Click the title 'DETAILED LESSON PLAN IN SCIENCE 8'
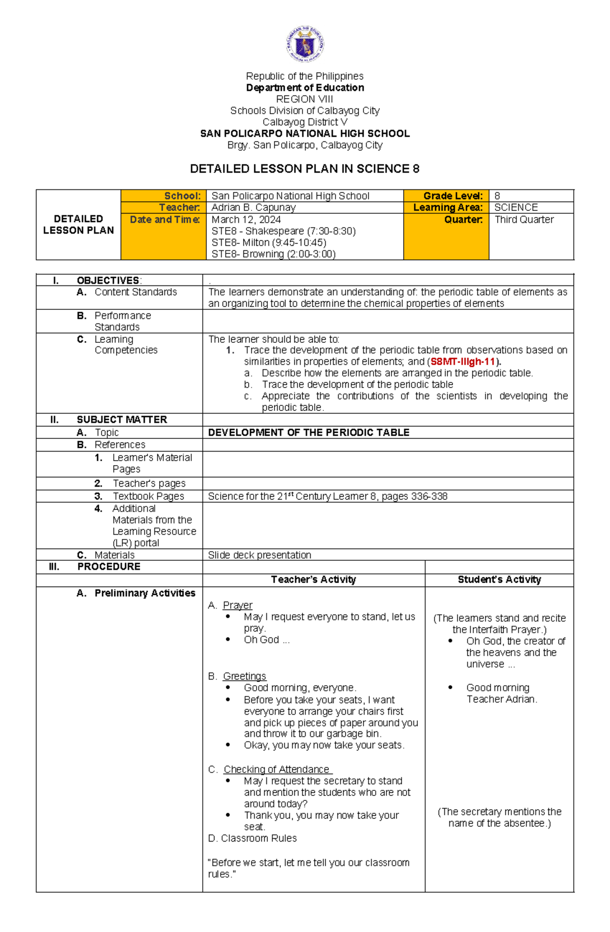(x=304, y=169)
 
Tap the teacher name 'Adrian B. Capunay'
(x=253, y=207)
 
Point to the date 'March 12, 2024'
(x=246, y=219)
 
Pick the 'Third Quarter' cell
(x=524, y=219)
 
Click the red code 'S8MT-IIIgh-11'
(x=463, y=362)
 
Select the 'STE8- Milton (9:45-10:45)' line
(x=269, y=242)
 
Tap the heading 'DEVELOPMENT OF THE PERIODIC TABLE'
(x=309, y=432)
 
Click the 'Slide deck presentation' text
(x=259, y=555)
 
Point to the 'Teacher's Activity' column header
(x=313, y=580)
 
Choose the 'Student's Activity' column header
(x=499, y=580)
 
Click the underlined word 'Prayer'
(x=237, y=605)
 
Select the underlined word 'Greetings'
(x=245, y=676)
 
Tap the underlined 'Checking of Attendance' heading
(x=277, y=769)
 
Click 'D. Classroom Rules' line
(x=252, y=838)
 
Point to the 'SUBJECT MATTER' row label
(x=121, y=420)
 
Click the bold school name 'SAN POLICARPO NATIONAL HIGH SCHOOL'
(x=304, y=134)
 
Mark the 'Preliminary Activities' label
(x=144, y=593)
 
